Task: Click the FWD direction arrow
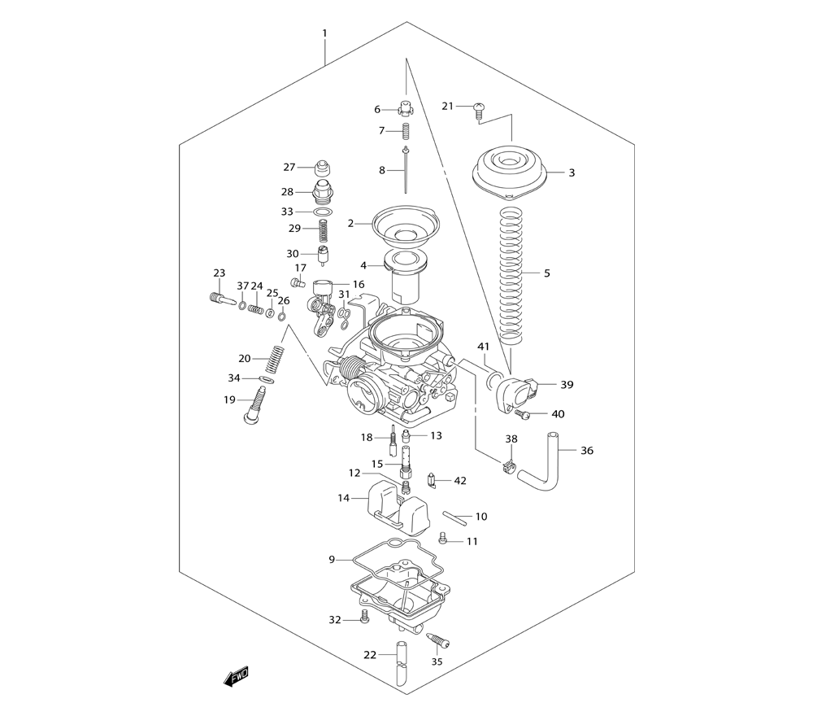237,676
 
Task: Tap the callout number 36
586,451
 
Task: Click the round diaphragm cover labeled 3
510,172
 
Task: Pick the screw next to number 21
479,111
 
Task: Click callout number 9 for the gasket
332,559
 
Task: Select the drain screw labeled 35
437,641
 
